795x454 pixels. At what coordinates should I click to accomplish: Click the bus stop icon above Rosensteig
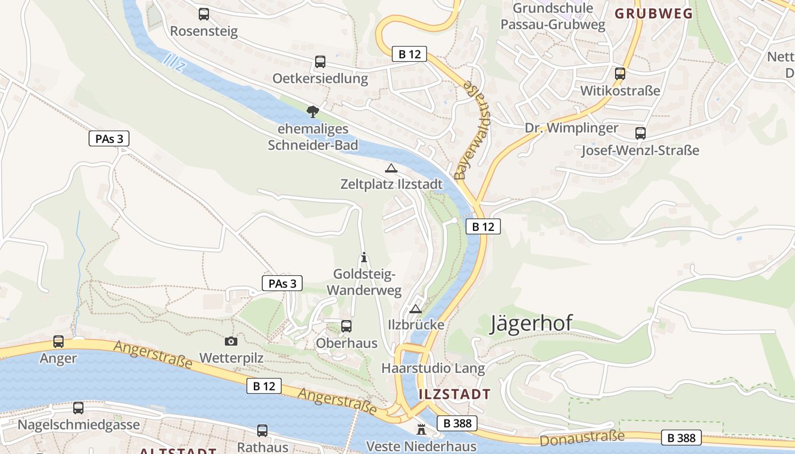(204, 14)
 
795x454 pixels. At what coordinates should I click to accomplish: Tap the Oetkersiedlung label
(320, 78)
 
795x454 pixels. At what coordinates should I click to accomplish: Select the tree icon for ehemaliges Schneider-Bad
(312, 111)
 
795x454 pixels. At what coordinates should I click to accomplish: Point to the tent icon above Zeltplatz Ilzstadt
(391, 168)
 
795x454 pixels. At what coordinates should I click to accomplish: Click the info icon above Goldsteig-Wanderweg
(364, 258)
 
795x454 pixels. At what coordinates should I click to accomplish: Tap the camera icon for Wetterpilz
(231, 341)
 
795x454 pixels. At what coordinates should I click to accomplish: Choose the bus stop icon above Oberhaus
(346, 326)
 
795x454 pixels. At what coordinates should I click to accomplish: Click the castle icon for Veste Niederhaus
(421, 429)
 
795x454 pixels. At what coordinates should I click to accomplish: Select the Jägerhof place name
(531, 323)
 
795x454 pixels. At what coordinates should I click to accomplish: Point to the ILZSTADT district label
(454, 394)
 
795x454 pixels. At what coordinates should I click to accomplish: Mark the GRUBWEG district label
(654, 14)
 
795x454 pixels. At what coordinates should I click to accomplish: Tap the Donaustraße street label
(582, 438)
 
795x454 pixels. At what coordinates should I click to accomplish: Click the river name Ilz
(174, 62)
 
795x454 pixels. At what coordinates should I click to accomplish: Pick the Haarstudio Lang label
(433, 368)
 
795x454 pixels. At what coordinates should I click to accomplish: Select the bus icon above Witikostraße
(620, 74)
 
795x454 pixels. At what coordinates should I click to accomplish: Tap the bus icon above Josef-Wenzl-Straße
(641, 133)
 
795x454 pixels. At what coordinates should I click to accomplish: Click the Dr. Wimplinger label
(571, 128)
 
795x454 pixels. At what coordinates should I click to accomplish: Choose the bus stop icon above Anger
(58, 342)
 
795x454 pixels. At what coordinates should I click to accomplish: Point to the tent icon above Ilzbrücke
(416, 309)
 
